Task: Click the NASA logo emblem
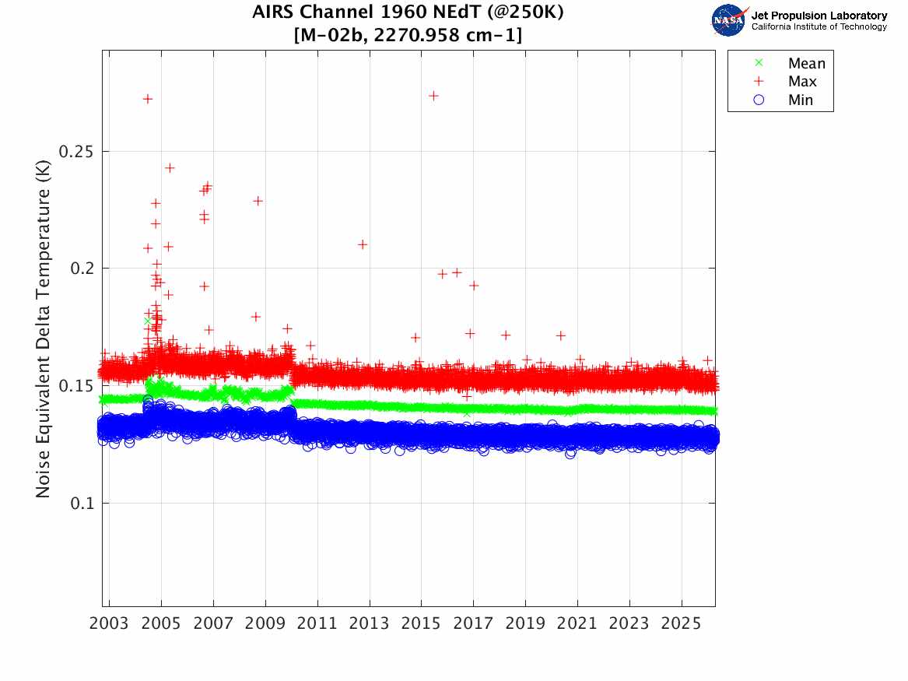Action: click(x=729, y=20)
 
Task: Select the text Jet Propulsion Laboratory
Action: click(x=819, y=16)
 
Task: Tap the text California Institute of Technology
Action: click(x=819, y=27)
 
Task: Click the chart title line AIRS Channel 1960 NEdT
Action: click(x=408, y=13)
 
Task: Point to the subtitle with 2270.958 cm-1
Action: click(x=408, y=35)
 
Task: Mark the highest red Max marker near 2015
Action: click(x=434, y=96)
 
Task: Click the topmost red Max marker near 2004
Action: click(x=147, y=99)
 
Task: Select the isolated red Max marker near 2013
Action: click(x=363, y=244)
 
